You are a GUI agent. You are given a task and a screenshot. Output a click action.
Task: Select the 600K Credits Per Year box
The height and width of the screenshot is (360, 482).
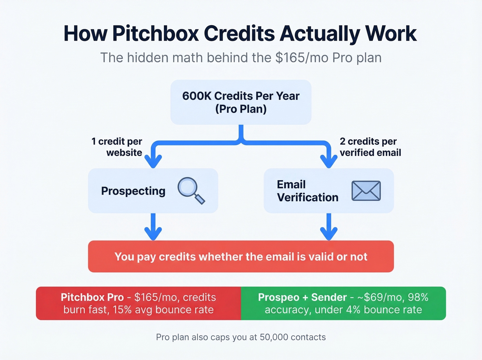241,102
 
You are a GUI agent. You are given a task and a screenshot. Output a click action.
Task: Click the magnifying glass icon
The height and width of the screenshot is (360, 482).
191,190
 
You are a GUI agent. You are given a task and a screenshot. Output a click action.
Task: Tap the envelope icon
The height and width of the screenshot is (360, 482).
366,191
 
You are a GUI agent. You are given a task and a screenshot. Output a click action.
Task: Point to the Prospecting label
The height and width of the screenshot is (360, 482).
133,191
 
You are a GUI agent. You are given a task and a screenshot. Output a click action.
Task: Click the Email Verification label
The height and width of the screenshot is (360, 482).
307,191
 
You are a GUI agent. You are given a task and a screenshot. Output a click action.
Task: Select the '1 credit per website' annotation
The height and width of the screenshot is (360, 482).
117,147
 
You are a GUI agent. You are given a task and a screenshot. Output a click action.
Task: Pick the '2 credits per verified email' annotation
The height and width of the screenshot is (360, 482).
370,147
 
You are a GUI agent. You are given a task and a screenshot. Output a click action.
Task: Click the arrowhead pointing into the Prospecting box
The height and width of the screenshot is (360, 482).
153,161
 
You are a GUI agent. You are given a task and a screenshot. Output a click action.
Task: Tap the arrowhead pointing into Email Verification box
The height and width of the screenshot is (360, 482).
329,161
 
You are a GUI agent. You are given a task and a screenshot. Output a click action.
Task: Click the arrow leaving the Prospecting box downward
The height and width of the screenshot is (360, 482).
153,227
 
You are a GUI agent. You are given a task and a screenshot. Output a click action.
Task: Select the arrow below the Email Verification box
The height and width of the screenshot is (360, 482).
329,227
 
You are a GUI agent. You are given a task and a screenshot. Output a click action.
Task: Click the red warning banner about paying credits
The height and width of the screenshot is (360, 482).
241,257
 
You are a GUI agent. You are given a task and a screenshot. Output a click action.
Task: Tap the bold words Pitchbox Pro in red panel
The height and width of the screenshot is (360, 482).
92,297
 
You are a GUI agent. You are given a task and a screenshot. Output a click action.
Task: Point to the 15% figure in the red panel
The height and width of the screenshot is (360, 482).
122,310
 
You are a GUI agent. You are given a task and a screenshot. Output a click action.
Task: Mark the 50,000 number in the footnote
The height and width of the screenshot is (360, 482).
274,337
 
